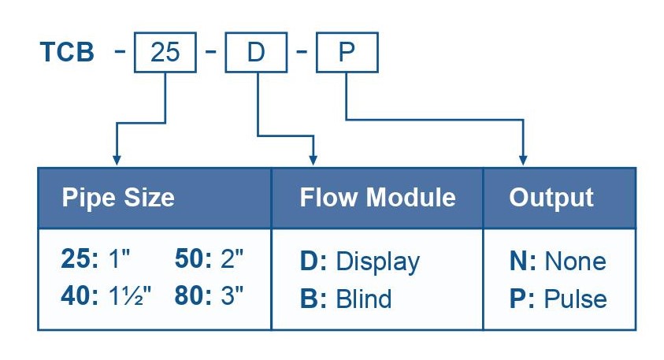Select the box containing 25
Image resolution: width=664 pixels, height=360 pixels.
165,54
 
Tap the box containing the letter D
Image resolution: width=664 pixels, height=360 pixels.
257,54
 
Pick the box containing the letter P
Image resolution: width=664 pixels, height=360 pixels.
347,54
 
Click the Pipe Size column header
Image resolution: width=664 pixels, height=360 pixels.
118,197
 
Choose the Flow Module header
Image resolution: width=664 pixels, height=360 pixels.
377,197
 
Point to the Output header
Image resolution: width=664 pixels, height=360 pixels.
551,197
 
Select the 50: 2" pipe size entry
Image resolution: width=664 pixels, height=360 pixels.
209,260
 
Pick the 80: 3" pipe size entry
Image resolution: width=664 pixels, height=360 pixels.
209,298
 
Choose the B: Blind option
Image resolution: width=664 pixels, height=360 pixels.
345,299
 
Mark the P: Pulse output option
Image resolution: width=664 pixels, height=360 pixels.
558,299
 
